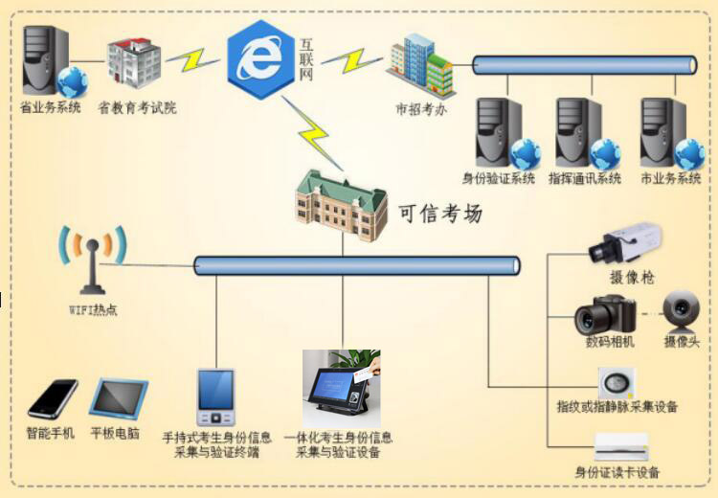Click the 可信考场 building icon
coord(341,205)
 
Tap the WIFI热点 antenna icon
coord(93,259)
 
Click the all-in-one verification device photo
coord(341,389)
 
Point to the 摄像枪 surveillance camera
coord(624,244)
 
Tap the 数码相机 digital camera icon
coord(605,315)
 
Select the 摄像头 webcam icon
coord(683,310)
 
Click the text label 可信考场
coord(441,213)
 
